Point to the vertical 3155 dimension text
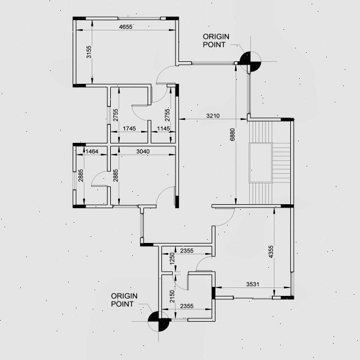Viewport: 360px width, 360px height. [x=88, y=53]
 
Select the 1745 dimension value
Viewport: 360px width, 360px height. [x=129, y=129]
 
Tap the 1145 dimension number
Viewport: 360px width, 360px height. [x=163, y=129]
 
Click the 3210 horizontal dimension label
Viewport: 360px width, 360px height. [x=213, y=116]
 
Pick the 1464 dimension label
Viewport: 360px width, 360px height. [x=92, y=151]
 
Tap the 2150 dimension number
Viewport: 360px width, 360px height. [x=173, y=295]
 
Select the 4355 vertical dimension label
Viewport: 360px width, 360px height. [x=271, y=253]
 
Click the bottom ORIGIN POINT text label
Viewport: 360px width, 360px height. [x=124, y=300]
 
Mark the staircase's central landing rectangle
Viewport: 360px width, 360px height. [x=261, y=162]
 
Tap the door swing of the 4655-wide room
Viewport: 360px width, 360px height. [x=164, y=74]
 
